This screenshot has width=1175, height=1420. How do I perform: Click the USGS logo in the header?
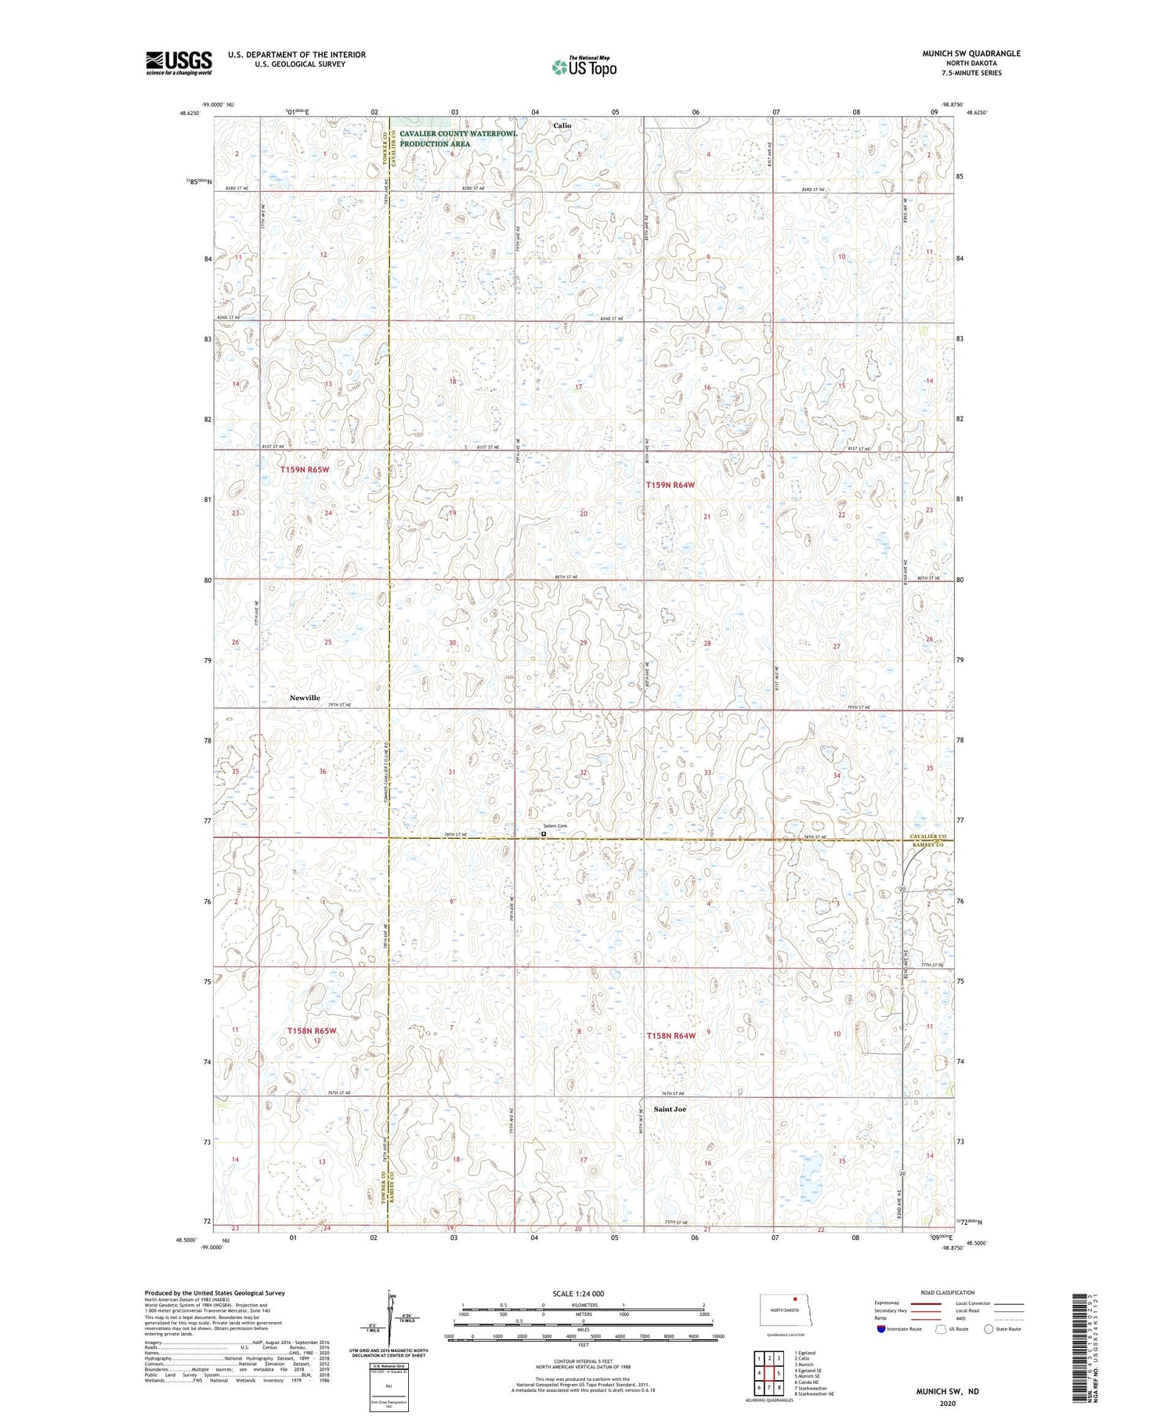pos(179,63)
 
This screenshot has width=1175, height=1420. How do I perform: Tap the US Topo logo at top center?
pos(584,67)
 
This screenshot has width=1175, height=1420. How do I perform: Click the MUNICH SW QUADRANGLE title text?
pos(971,53)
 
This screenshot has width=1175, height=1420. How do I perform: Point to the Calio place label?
pos(562,125)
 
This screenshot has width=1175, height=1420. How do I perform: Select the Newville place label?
pos(305,697)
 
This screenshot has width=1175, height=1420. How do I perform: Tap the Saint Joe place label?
pos(670,1109)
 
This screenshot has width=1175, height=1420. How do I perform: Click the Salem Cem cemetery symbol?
pos(544,834)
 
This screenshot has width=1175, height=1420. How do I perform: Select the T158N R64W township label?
pos(671,1035)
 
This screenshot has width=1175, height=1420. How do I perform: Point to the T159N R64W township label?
pos(671,486)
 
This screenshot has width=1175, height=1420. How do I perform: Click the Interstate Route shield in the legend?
pos(881,1329)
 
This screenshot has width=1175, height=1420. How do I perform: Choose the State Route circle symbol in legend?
pos(989,1329)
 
